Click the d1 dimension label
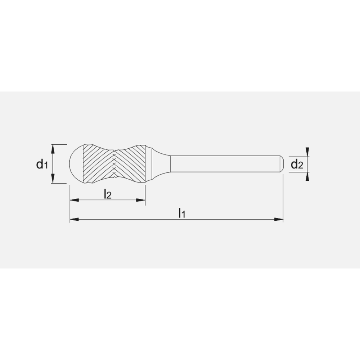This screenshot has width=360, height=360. pyautogui.click(x=42, y=165)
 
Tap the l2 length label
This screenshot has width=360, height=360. pyautogui.click(x=107, y=194)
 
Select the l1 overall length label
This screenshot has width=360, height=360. pyautogui.click(x=182, y=213)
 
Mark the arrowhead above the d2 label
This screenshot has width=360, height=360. pyautogui.click(x=307, y=151)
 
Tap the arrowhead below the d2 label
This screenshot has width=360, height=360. pyautogui.click(x=307, y=176)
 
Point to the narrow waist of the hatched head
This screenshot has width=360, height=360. pyautogui.click(x=114, y=164)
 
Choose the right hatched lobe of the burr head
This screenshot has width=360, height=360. pyautogui.click(x=131, y=164)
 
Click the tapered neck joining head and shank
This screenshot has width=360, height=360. pyautogui.click(x=160, y=164)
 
